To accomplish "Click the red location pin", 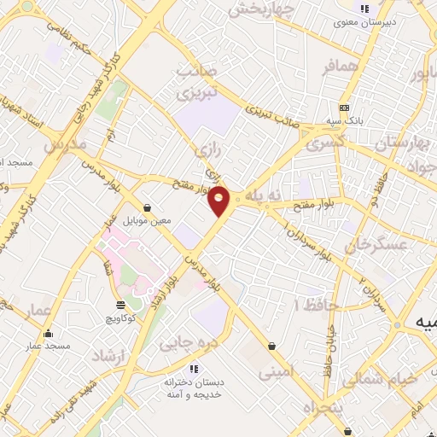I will tap(219, 201).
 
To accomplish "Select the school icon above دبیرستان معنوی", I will tap(365, 9).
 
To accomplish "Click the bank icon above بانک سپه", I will tap(343, 108).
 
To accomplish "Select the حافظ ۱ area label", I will tap(317, 305).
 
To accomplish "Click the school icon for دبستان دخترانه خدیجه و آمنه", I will tap(194, 369).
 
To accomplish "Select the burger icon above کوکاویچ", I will tap(119, 304).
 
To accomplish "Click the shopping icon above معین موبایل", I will tap(149, 207).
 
